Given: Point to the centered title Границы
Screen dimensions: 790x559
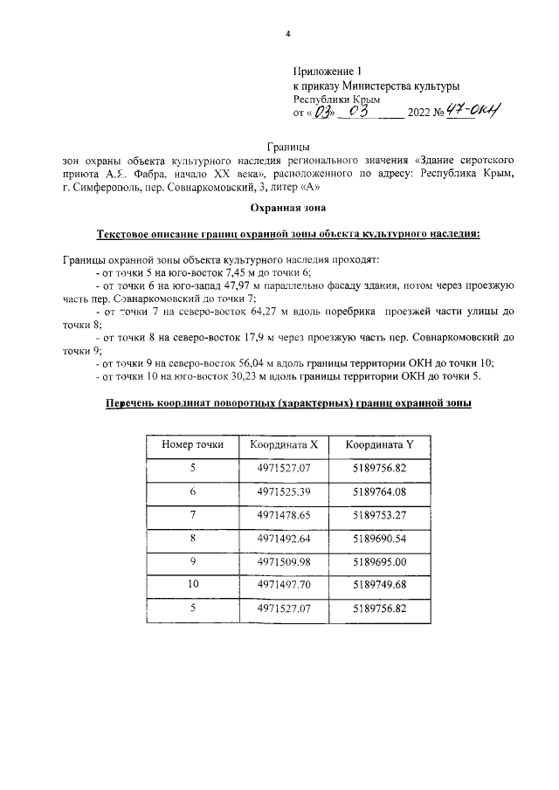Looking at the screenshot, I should click(x=286, y=148).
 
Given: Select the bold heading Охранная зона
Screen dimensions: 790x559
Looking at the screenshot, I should click(x=286, y=208).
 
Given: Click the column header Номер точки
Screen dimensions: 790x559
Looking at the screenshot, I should click(x=193, y=445).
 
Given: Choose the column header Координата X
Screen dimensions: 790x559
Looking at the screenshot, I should click(x=284, y=445).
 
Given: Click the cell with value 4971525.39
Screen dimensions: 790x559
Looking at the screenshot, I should click(x=284, y=492).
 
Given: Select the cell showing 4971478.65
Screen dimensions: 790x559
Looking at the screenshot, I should click(x=284, y=516).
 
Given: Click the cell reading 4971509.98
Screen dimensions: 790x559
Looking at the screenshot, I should click(x=284, y=562).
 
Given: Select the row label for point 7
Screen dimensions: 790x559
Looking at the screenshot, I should click(x=193, y=516).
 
